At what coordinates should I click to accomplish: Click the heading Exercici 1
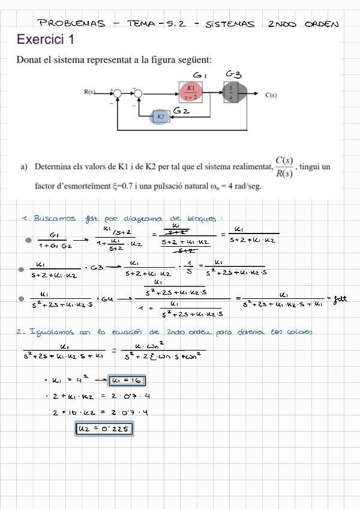point(46,40)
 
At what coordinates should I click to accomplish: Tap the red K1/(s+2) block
point(191,92)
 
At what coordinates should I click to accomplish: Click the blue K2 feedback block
point(160,117)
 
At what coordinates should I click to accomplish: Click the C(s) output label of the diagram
point(271,94)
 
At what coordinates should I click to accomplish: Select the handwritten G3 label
point(234,74)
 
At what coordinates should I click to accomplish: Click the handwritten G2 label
point(182,110)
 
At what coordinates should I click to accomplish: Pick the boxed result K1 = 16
point(127,380)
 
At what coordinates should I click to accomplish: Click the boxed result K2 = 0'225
point(104,429)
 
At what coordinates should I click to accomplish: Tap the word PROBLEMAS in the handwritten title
point(71,24)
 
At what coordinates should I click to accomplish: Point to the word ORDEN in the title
point(322,25)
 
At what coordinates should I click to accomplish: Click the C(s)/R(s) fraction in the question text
point(284,167)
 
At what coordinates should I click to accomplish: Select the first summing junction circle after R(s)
point(118,93)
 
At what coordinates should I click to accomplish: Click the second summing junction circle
point(139,93)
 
